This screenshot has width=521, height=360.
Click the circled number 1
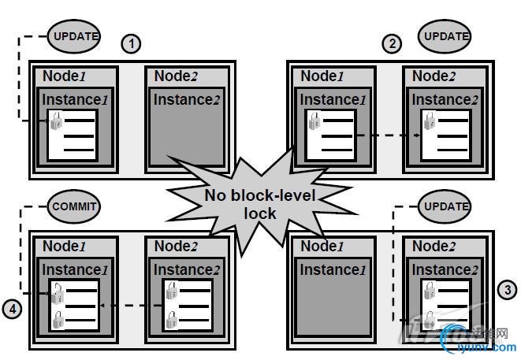[132, 43]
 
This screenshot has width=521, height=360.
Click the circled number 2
[392, 43]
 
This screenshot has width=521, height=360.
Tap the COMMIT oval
[76, 206]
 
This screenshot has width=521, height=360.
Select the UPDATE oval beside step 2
[446, 35]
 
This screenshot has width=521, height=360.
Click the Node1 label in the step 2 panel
[323, 76]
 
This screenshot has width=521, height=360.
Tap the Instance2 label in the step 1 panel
[188, 99]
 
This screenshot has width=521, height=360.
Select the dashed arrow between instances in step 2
[385, 135]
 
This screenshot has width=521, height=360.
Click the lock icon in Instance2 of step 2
[429, 121]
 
